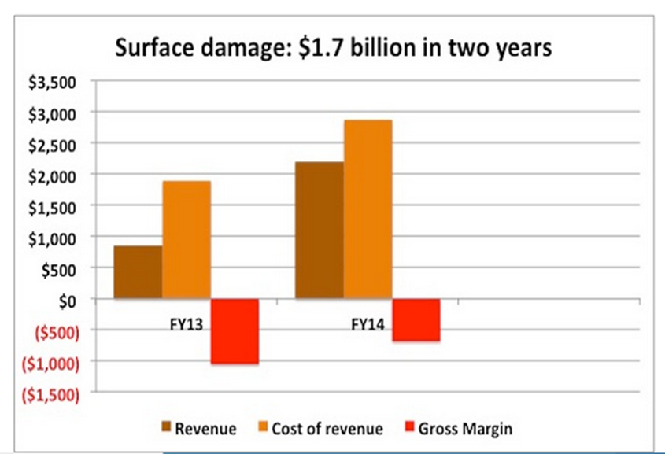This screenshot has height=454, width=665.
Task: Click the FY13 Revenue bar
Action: click(138, 272)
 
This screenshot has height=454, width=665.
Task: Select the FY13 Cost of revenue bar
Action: click(187, 240)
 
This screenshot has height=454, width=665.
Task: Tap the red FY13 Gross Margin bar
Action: click(235, 330)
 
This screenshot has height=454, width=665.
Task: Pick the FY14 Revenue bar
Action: click(319, 230)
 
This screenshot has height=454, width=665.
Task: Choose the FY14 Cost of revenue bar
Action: click(368, 209)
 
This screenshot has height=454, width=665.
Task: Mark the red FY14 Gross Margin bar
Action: click(416, 319)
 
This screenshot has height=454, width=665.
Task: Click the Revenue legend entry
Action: click(198, 429)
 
